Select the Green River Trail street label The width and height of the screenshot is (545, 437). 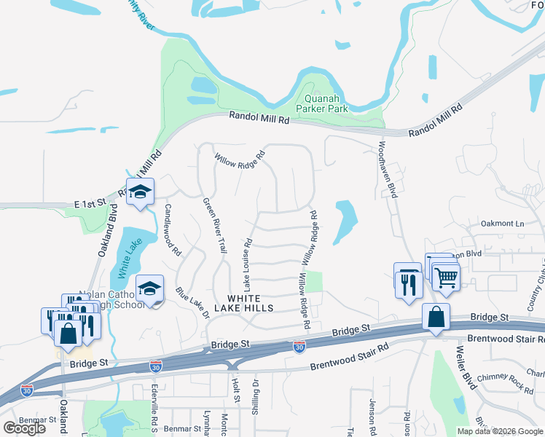(x=214, y=225)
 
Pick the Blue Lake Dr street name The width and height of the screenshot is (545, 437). (x=192, y=303)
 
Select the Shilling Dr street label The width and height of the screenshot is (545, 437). (x=256, y=393)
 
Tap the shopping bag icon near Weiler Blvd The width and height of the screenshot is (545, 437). (x=436, y=318)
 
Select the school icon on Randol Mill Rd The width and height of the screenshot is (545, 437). (x=140, y=192)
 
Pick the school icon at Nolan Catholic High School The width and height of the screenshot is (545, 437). (x=149, y=289)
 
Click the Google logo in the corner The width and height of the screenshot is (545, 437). (x=24, y=428)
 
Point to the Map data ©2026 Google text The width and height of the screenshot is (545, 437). (x=500, y=431)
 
